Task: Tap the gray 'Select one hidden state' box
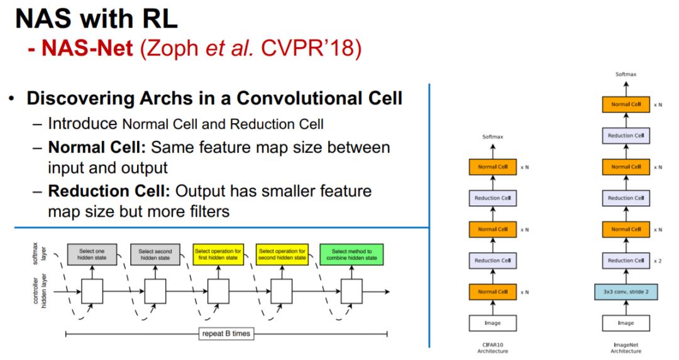click(x=91, y=254)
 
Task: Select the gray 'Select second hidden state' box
click(x=155, y=254)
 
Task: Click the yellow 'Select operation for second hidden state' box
click(x=282, y=254)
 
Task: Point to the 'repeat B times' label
click(x=226, y=333)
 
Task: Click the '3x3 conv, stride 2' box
click(x=626, y=292)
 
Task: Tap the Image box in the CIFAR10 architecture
click(x=493, y=323)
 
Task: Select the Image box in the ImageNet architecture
click(x=626, y=323)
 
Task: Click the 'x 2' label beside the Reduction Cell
click(x=658, y=261)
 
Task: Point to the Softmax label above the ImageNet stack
click(x=626, y=74)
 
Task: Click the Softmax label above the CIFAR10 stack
click(x=493, y=136)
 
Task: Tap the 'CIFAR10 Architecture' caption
click(x=493, y=347)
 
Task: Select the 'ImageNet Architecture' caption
click(x=626, y=347)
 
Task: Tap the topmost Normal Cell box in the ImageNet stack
click(x=626, y=104)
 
